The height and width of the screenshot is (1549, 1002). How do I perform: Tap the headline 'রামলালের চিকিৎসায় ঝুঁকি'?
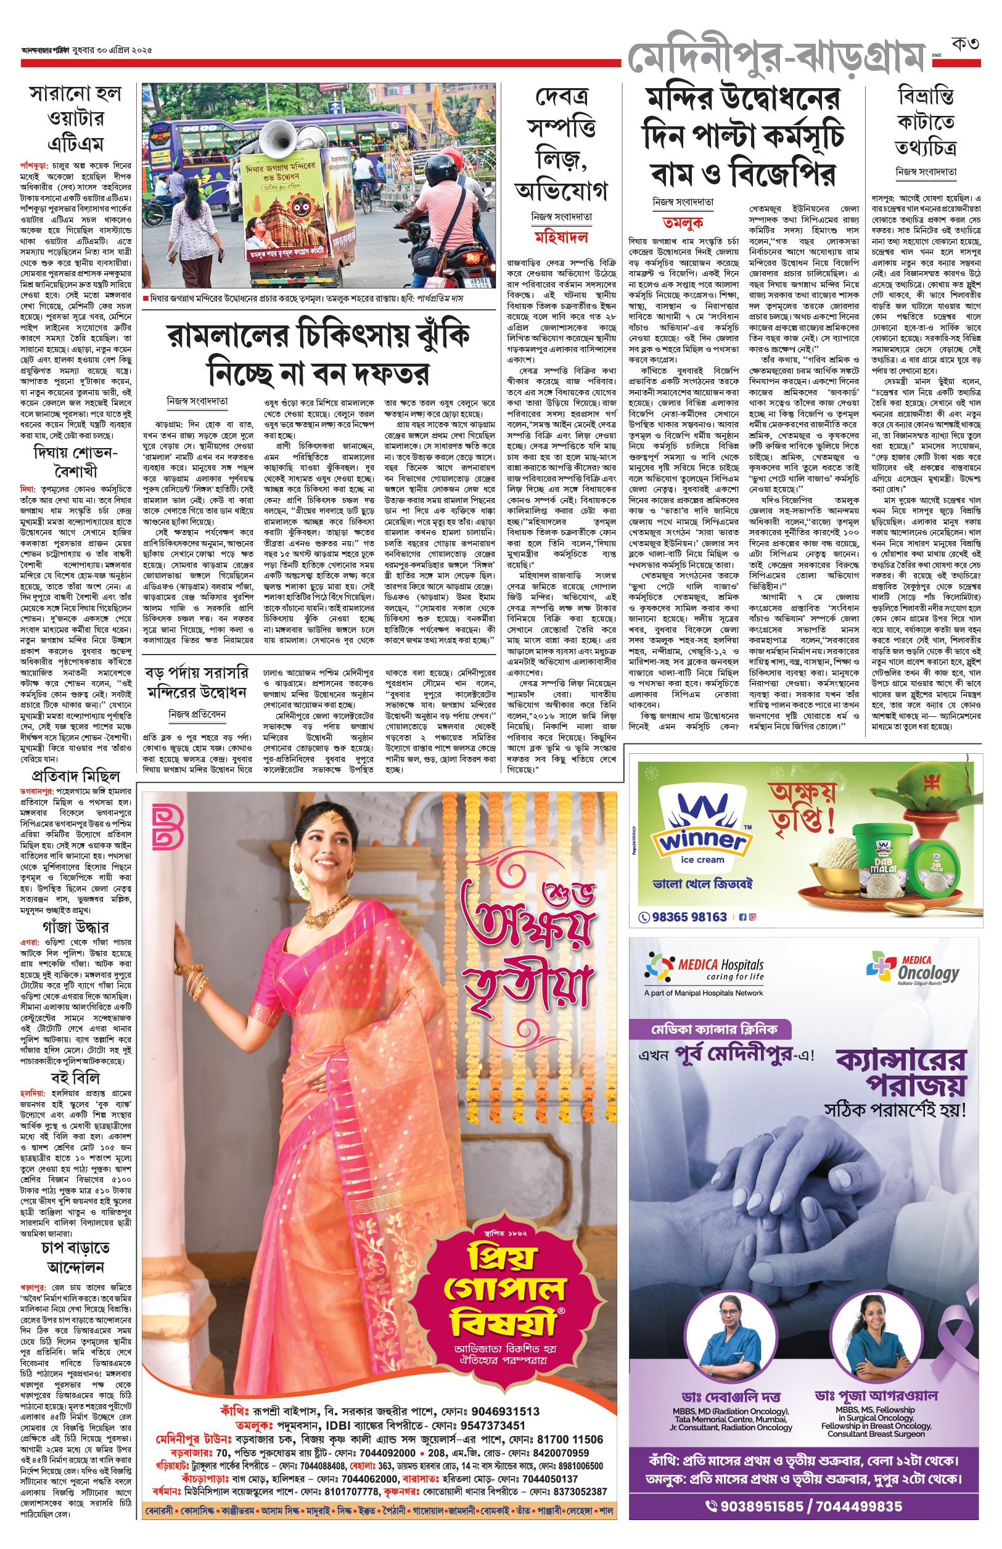coord(319,335)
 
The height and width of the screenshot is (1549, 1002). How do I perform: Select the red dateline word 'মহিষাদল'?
coord(561,237)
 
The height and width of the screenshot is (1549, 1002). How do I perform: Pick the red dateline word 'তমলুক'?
coord(683,223)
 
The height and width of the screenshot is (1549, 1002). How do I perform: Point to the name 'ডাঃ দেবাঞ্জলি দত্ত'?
coord(731,1396)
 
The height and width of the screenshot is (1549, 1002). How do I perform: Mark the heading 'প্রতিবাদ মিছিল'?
coord(75,777)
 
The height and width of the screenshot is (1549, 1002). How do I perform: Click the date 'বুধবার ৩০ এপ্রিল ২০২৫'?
coord(109,50)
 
